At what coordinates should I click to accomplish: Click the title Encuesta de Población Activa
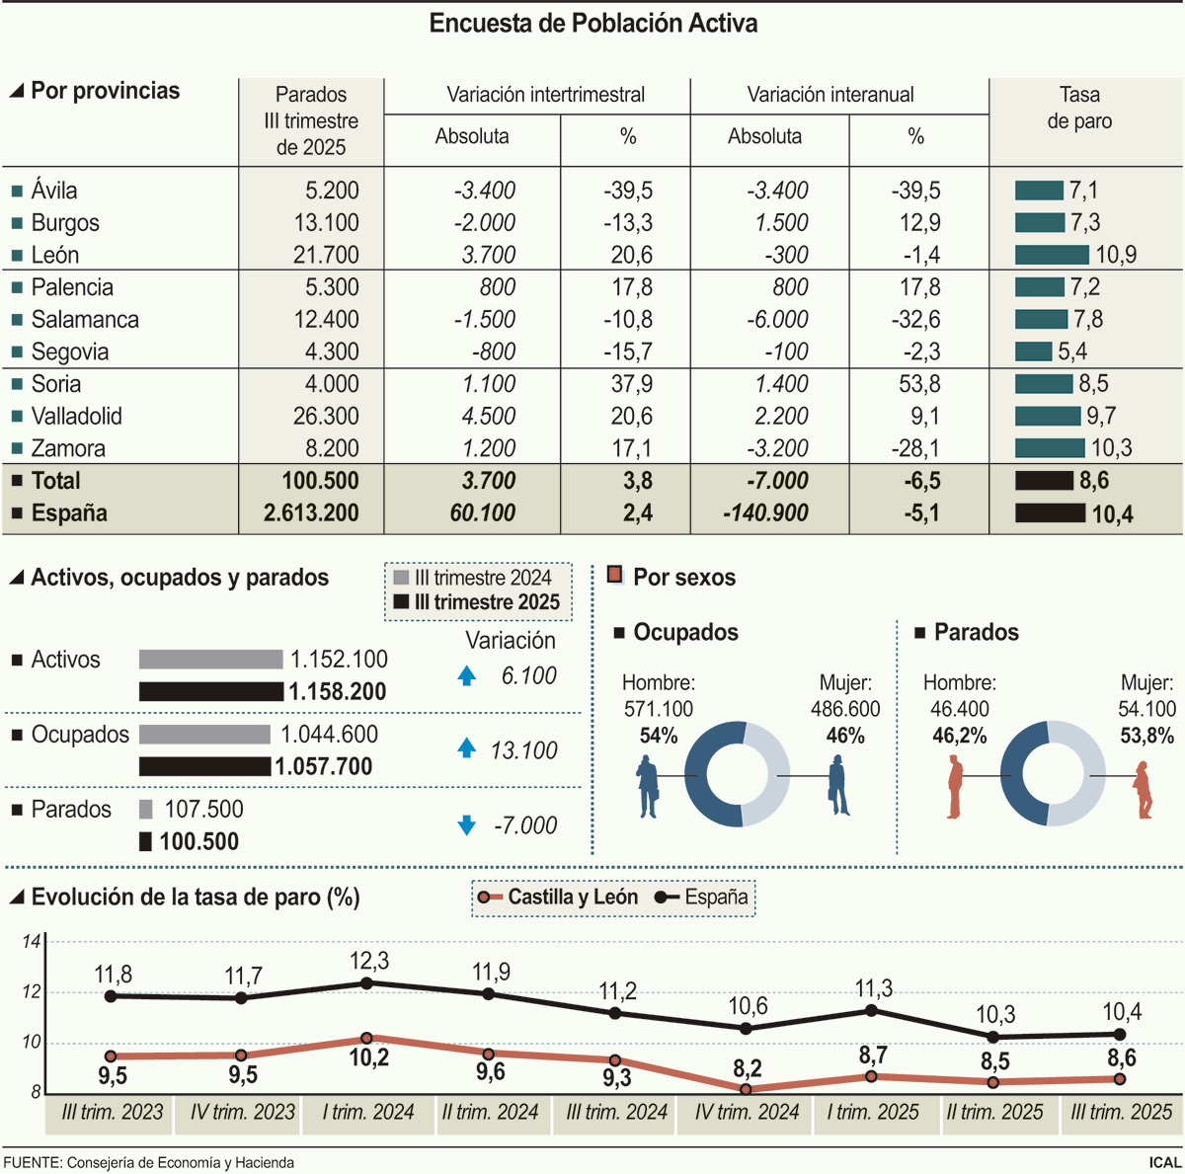(592, 24)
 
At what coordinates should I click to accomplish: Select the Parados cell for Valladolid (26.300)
(325, 417)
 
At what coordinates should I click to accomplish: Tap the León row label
(54, 255)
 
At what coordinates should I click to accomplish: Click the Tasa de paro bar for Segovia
(1033, 352)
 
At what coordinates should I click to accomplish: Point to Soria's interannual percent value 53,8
(919, 384)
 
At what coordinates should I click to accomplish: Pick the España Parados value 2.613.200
(311, 513)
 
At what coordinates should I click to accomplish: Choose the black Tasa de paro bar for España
(1050, 513)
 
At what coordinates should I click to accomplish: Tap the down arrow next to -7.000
(467, 825)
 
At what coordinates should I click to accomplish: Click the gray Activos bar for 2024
(210, 660)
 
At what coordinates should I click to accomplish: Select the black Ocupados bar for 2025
(204, 766)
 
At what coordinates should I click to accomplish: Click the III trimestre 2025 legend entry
(477, 602)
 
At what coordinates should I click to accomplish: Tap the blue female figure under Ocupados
(838, 785)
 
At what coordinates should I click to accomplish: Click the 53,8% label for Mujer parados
(1146, 736)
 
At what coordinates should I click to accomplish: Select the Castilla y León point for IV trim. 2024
(746, 1089)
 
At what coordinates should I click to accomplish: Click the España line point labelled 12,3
(367, 983)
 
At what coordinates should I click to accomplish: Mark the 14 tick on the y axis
(32, 941)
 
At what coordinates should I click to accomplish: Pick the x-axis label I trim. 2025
(873, 1113)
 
